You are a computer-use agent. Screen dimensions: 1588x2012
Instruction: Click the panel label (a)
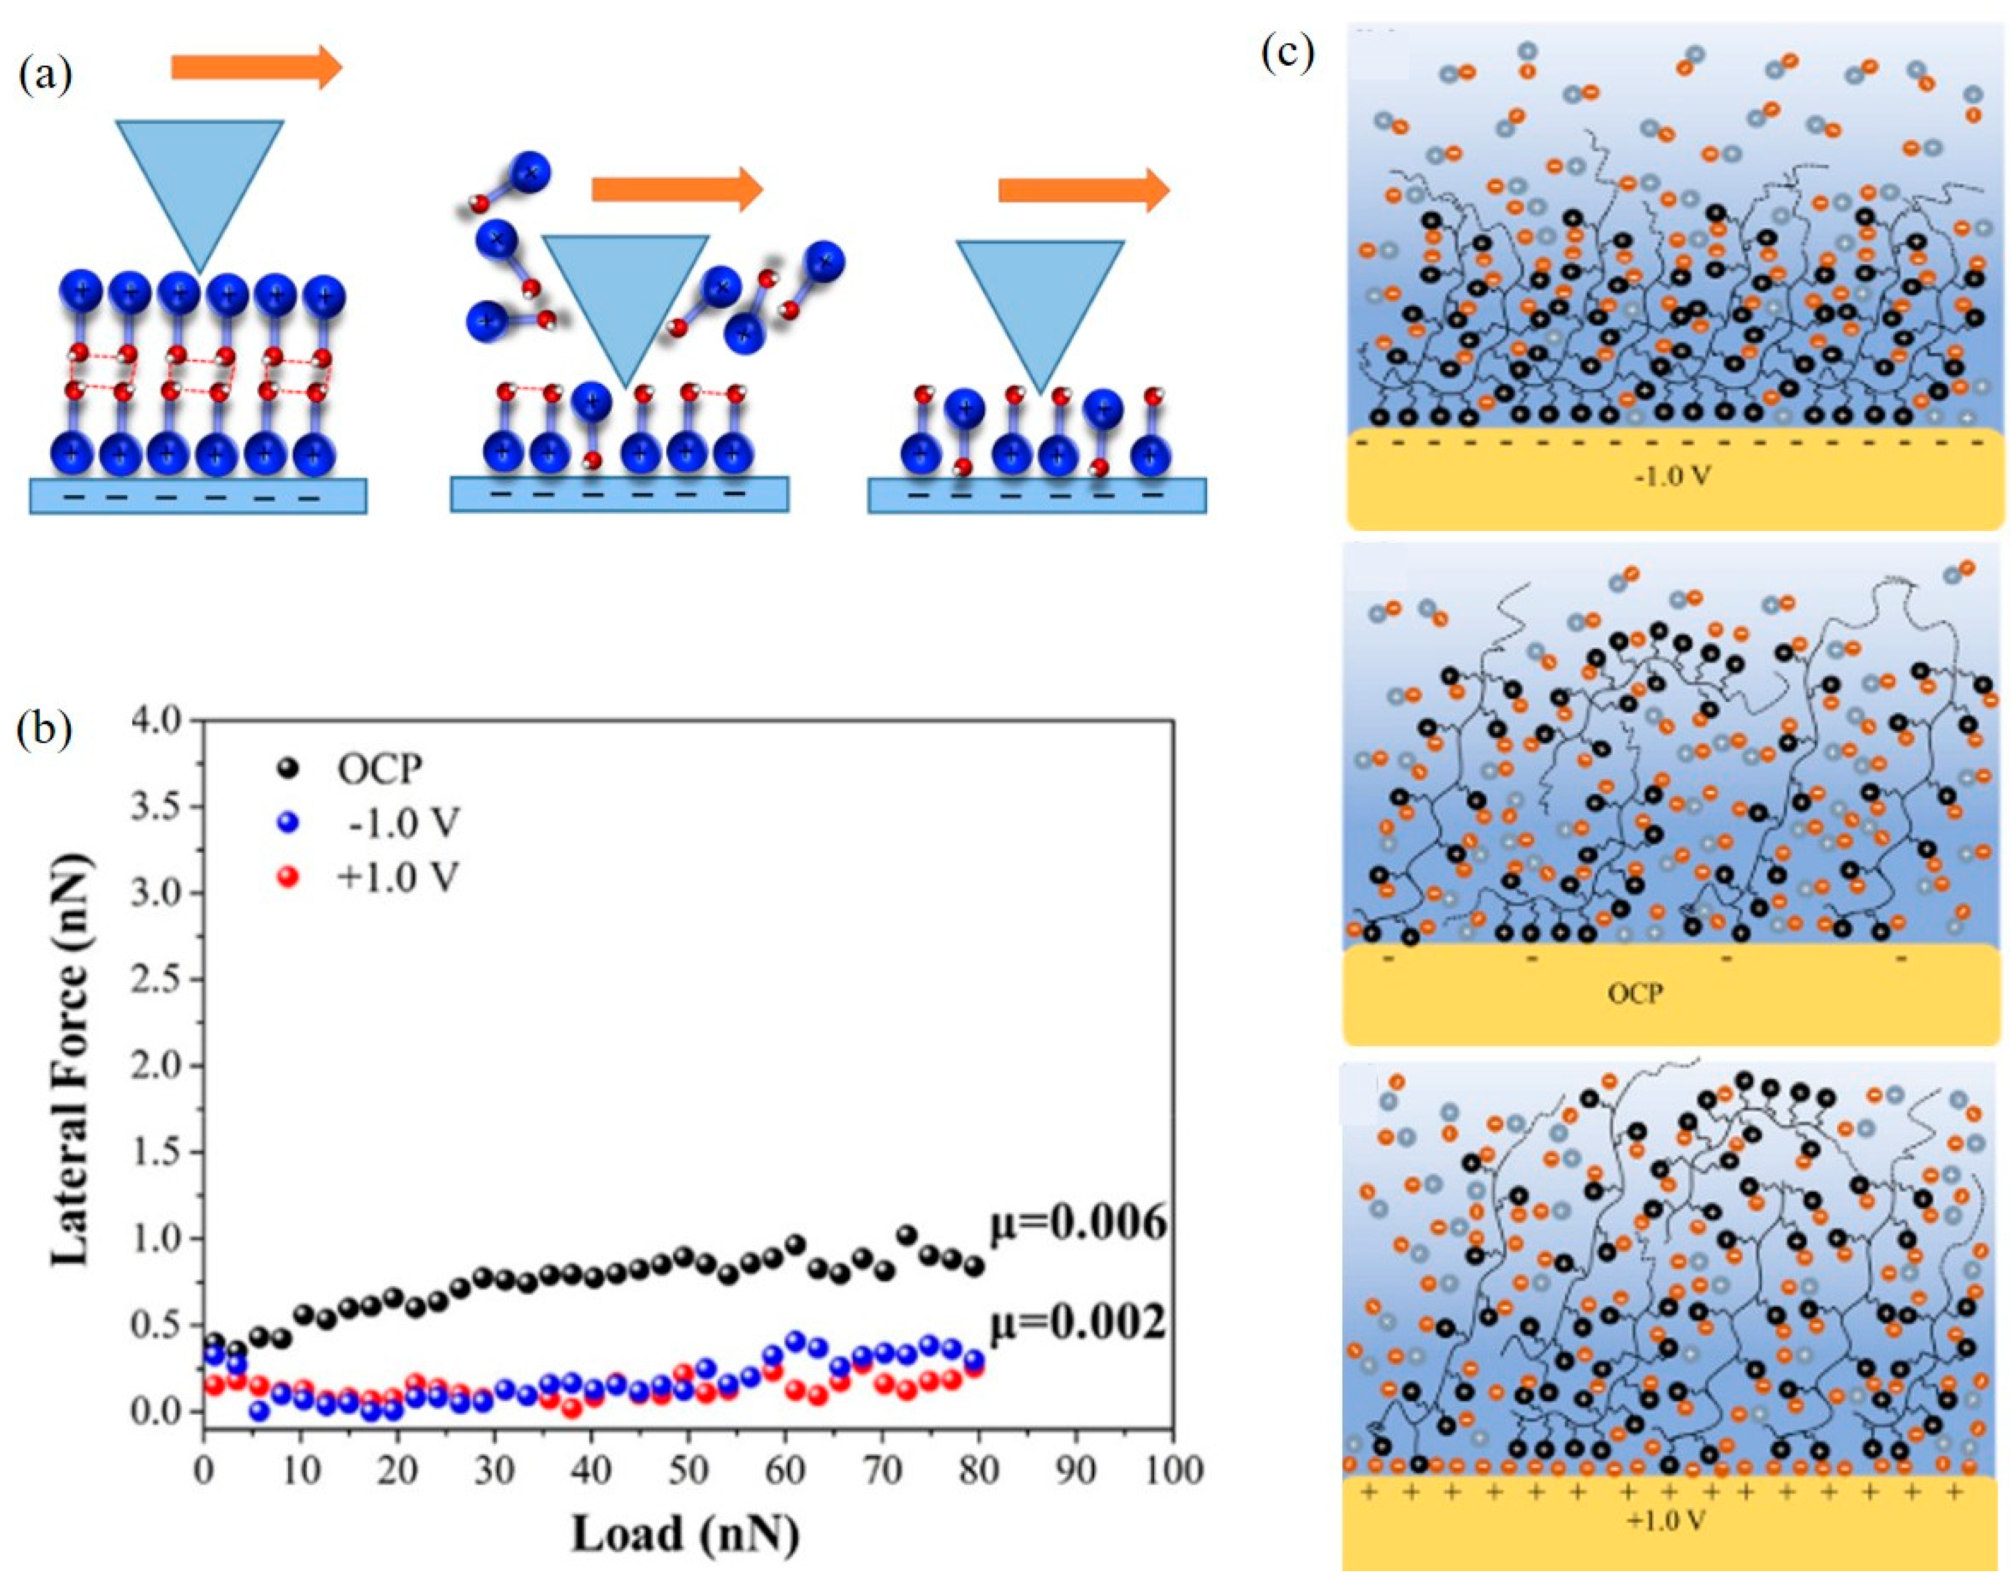click(45, 75)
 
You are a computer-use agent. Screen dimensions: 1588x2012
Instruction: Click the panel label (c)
click(1287, 54)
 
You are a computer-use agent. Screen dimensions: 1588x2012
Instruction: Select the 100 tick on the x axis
click(1174, 1470)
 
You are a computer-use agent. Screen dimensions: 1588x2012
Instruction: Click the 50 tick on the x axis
click(689, 1470)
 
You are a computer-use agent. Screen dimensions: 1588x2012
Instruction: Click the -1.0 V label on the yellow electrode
click(1674, 477)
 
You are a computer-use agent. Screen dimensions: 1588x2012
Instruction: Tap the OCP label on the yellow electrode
click(1636, 994)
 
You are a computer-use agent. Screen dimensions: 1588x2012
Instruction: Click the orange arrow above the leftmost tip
click(256, 67)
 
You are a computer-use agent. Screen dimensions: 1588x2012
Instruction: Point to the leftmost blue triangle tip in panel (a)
click(199, 186)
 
